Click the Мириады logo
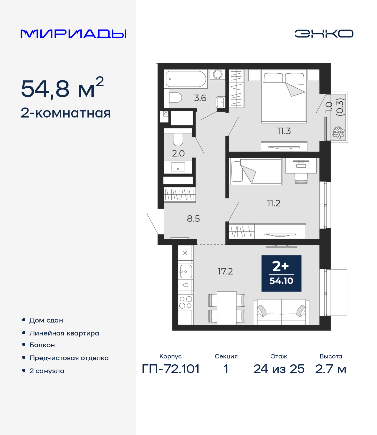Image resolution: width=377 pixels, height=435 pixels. (74, 34)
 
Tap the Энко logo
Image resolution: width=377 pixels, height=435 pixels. (324, 34)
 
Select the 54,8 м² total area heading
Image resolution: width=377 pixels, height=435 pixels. (62, 88)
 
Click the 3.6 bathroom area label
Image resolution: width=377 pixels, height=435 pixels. (200, 98)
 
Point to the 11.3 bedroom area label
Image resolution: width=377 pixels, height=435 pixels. (284, 131)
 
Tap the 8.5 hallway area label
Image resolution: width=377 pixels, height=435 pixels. (193, 219)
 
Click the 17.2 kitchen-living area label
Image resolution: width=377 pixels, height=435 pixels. (225, 271)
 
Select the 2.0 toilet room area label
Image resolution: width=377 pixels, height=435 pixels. (178, 153)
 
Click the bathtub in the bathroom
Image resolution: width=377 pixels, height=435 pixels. (186, 79)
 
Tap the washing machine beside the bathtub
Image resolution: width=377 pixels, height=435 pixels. (218, 75)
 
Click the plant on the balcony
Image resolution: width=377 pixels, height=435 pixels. (338, 132)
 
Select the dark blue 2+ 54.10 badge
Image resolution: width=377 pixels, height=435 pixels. (281, 273)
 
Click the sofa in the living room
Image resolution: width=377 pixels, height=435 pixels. (281, 312)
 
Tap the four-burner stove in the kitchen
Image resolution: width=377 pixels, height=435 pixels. (186, 302)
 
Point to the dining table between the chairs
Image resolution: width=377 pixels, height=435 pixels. (226, 308)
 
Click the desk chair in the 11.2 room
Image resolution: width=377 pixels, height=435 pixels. (301, 178)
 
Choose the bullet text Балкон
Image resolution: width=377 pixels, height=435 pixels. (42, 345)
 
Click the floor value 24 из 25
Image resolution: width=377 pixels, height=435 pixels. (279, 369)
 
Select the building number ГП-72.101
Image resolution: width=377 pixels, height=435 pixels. (171, 369)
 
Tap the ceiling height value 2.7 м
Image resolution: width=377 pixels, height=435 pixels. (330, 369)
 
